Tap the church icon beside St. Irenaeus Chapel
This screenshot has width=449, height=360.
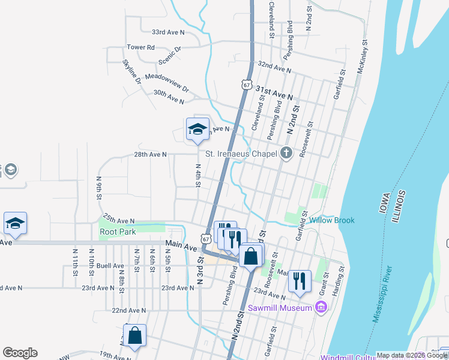[286, 154]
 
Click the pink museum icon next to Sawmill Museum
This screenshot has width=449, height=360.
[321, 308]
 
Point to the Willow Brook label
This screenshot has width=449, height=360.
[332, 220]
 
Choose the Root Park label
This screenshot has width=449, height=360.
[118, 232]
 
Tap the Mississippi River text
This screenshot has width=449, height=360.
[384, 284]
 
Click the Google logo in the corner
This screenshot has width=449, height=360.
[20, 353]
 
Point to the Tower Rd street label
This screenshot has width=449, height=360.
[140, 47]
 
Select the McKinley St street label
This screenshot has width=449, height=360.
[363, 56]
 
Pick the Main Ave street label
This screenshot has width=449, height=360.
[181, 247]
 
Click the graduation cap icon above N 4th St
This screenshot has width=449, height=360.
[197, 129]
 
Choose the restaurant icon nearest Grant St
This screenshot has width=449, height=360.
[300, 280]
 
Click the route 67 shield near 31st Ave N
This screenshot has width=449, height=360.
[247, 85]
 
